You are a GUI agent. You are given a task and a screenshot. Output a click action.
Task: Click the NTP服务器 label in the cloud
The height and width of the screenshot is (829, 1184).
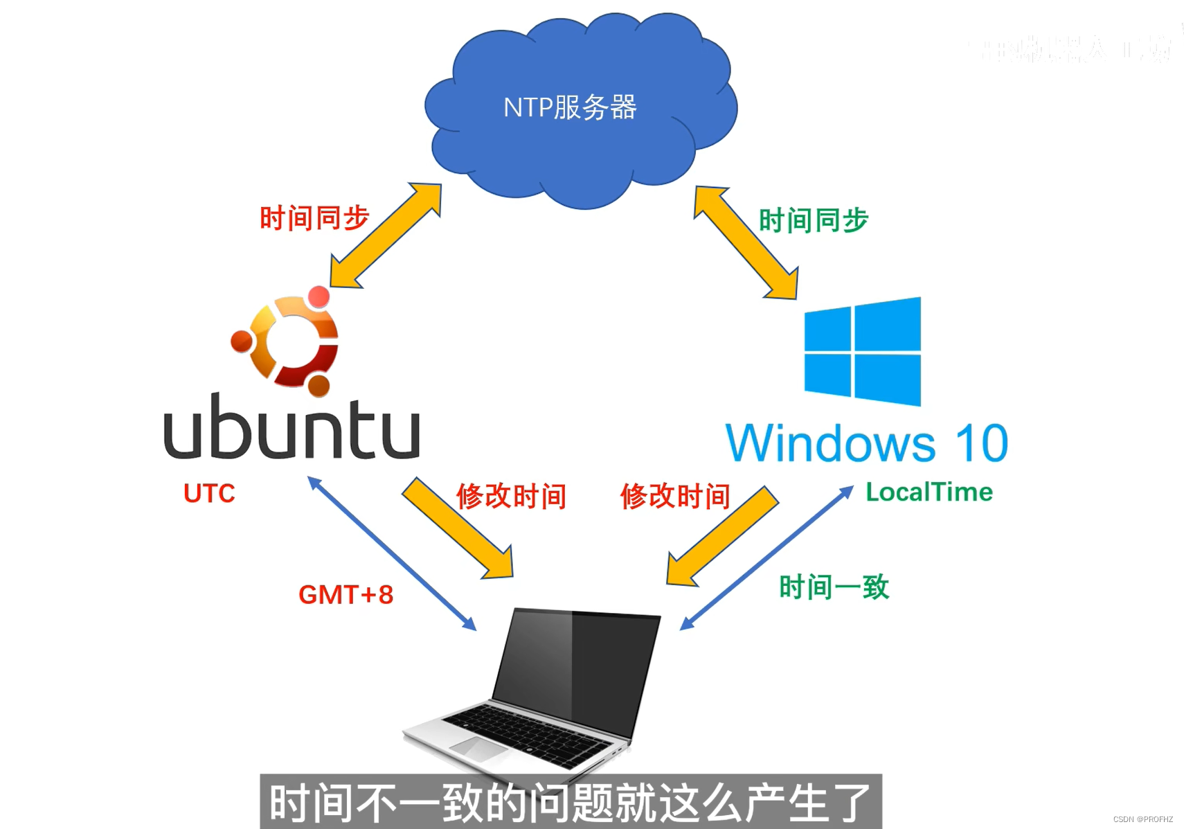point(570,107)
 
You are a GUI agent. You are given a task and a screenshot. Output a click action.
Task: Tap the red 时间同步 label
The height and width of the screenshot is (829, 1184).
point(314,218)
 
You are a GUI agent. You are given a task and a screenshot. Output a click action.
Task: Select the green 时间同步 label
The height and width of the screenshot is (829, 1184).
point(813,220)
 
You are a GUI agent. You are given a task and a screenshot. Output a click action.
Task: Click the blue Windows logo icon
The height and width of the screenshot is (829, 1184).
point(863,351)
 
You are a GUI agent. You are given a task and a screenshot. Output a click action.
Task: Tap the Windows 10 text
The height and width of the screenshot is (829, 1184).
point(866,443)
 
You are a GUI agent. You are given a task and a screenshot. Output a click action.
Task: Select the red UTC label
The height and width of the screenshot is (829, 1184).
point(209,494)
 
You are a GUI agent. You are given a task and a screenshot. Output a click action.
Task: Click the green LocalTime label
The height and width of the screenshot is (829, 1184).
point(929,492)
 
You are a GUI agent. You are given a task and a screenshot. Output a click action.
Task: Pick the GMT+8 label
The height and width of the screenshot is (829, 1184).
point(346,595)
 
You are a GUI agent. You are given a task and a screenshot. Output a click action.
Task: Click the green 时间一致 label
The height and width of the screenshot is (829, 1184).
point(834,587)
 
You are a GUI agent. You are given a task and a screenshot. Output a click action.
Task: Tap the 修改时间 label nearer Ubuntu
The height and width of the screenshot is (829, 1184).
point(511,497)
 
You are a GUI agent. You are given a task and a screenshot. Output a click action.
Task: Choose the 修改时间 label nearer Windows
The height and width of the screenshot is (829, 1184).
point(675,497)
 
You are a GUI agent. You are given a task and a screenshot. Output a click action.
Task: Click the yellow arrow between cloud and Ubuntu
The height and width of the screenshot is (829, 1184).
point(386,235)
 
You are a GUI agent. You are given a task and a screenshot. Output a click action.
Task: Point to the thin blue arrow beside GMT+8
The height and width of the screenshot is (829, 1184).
point(391,553)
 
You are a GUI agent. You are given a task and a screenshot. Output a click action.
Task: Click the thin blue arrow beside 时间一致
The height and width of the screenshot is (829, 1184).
point(766,558)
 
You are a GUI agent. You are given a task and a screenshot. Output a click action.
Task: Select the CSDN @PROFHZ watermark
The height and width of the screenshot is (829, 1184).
point(1142,819)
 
